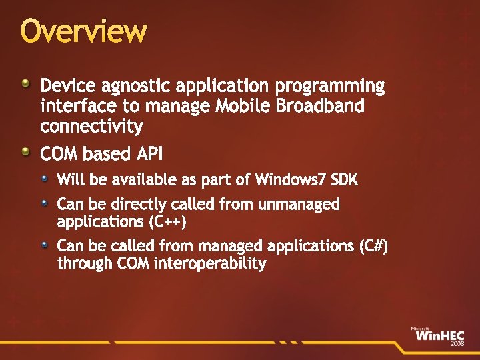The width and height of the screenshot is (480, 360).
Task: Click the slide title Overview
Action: tap(83, 31)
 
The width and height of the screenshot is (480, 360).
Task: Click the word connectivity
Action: tap(91, 126)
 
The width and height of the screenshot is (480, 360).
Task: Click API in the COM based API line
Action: tap(149, 155)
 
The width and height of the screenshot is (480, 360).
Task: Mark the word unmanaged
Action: tap(297, 205)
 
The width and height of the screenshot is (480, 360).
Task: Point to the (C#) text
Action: tap(373, 246)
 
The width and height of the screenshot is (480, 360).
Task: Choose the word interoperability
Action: tap(209, 263)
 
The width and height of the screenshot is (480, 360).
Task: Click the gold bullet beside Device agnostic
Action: tap(25, 84)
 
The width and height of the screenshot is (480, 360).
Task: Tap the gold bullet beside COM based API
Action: tap(25, 152)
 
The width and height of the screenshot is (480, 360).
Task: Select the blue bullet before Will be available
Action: tap(44, 178)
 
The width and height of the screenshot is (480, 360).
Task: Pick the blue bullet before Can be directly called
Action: tap(44, 202)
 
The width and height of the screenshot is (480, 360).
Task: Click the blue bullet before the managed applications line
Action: tap(44, 244)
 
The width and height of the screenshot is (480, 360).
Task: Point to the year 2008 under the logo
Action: tap(457, 344)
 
